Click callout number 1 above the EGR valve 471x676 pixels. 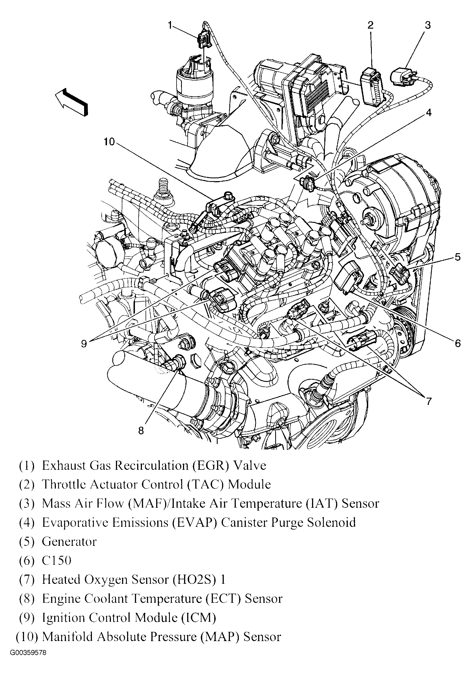tap(170, 26)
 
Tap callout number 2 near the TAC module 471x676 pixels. tap(370, 25)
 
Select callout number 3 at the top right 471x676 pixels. tap(427, 25)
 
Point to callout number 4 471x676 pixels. tap(429, 112)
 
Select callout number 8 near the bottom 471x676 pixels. tap(141, 431)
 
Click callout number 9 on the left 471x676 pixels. tap(84, 344)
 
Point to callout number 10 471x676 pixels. tap(109, 142)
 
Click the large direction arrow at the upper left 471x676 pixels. tap(72, 102)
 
